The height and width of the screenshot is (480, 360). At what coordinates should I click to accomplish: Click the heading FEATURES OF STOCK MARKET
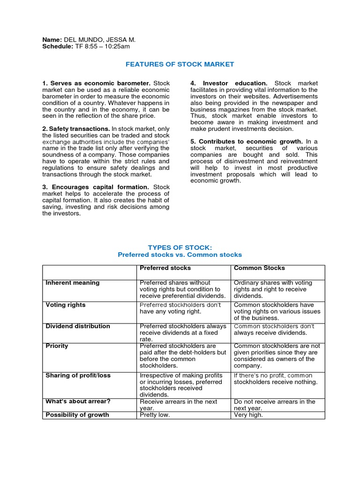point(180,64)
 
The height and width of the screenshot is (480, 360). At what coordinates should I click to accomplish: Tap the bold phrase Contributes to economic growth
point(250,141)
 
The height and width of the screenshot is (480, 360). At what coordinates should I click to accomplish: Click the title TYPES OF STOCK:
point(180,247)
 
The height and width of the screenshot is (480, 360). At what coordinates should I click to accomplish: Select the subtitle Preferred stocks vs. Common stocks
point(180,255)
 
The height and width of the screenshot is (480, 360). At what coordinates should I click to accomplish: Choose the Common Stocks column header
point(259,268)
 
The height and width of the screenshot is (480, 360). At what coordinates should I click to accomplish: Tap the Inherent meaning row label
point(73,283)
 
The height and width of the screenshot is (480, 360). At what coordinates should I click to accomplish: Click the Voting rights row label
point(66,305)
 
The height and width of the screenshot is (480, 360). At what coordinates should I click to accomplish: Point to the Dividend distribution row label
point(78,326)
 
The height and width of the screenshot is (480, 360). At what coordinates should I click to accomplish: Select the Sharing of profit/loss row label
point(78,375)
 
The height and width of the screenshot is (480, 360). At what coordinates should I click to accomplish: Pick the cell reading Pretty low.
point(155,415)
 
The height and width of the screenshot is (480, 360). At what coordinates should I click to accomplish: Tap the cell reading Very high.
point(248,415)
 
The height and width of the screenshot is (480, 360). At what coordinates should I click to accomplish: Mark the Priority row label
point(57,345)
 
